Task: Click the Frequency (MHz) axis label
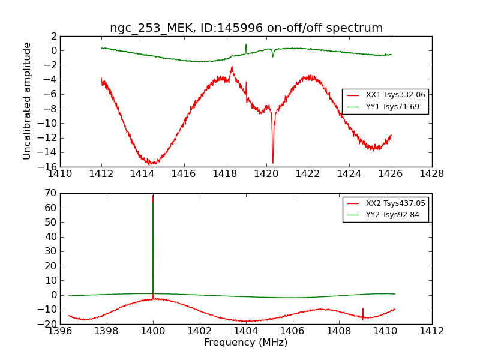click(x=246, y=343)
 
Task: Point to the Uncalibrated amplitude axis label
click(x=27, y=101)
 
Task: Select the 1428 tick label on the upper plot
click(x=431, y=174)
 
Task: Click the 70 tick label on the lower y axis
click(x=51, y=193)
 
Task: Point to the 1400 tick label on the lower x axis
click(x=153, y=331)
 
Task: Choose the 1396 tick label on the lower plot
click(x=60, y=331)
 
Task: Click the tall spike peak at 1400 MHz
click(x=153, y=195)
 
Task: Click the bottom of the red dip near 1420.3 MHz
click(x=273, y=163)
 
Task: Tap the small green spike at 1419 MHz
click(x=246, y=45)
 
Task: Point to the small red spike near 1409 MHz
click(x=362, y=310)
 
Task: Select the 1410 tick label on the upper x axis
click(x=60, y=174)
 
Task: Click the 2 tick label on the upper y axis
click(x=53, y=36)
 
